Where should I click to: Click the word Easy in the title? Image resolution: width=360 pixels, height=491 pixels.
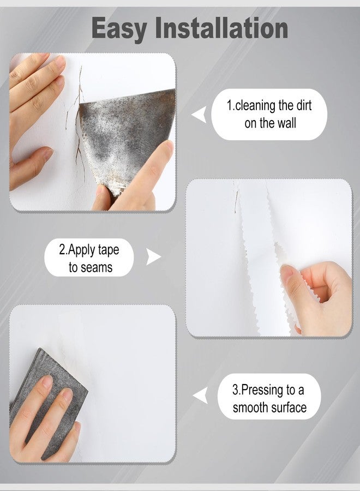pos(119,29)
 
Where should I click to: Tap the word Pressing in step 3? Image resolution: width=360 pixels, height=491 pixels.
pos(262,391)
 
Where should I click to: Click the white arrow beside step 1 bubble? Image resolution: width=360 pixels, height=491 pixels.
pos(200,115)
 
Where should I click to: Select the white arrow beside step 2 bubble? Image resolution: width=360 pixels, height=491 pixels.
pos(153,257)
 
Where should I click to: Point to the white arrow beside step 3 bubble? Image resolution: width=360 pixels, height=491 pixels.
pos(201,396)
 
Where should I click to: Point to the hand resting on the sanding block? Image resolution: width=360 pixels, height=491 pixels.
pos(44,420)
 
